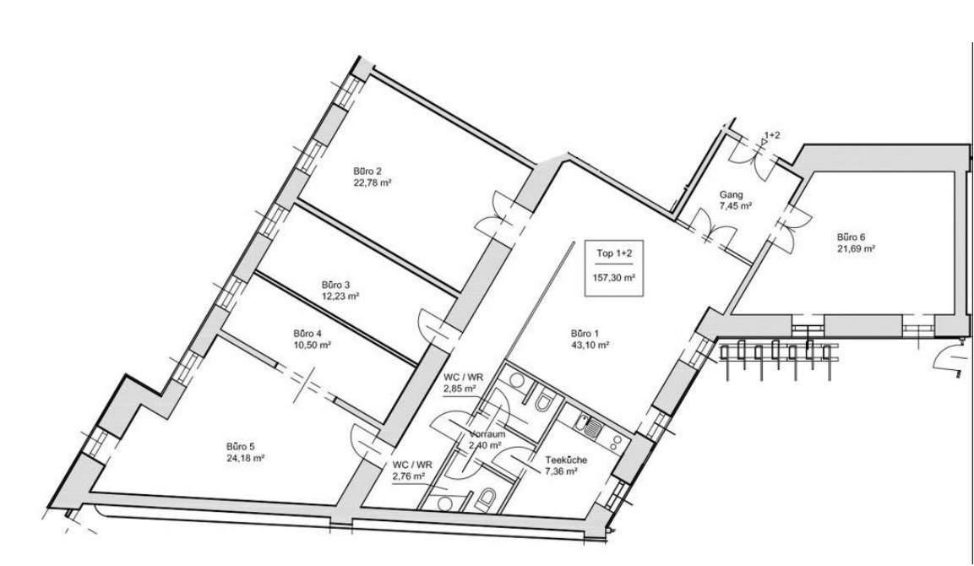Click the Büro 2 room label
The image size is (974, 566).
click(367, 171)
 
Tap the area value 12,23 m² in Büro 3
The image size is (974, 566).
click(341, 297)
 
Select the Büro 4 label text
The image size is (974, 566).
click(307, 333)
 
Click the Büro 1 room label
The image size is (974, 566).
click(585, 333)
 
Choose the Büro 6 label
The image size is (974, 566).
click(851, 237)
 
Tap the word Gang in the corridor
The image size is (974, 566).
click(731, 194)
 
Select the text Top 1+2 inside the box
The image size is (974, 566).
click(614, 253)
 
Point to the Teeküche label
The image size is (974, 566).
click(566, 460)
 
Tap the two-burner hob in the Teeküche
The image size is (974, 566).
click(615, 443)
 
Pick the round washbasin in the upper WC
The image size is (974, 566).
click(516, 379)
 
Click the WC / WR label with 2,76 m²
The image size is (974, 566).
click(412, 465)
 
